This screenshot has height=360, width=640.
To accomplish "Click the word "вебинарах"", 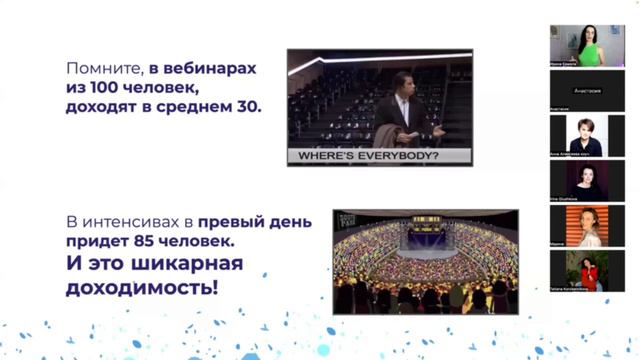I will pyautogui.click(x=214, y=69).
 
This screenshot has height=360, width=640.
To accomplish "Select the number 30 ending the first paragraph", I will pyautogui.click(x=248, y=106).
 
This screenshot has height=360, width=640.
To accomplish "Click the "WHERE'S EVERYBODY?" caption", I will pyautogui.click(x=365, y=156).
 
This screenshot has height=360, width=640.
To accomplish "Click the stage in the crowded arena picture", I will pyautogui.click(x=425, y=245).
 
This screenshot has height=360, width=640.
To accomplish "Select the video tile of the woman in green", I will pyautogui.click(x=587, y=45).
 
